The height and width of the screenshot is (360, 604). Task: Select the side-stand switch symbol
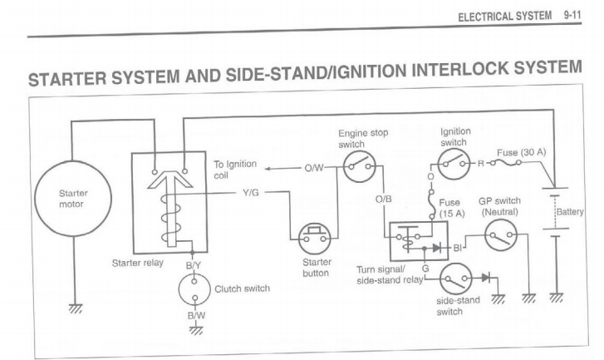(455, 277)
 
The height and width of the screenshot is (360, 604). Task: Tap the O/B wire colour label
(385, 200)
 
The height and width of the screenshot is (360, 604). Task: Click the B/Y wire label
(193, 266)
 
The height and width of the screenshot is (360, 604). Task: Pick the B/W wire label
(194, 316)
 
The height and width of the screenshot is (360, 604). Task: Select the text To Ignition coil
(235, 170)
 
